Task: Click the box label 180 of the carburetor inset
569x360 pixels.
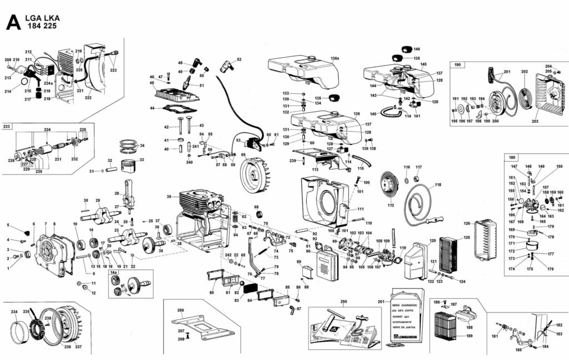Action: pos(512,157)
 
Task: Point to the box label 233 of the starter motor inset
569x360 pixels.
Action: pos(7,127)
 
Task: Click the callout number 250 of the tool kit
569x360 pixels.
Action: pos(343,301)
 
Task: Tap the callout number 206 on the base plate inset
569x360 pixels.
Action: pos(181,311)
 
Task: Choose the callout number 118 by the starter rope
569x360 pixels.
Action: pos(438,185)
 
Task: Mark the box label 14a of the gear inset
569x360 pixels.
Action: pos(114,273)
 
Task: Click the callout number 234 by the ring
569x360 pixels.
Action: pos(14,312)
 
